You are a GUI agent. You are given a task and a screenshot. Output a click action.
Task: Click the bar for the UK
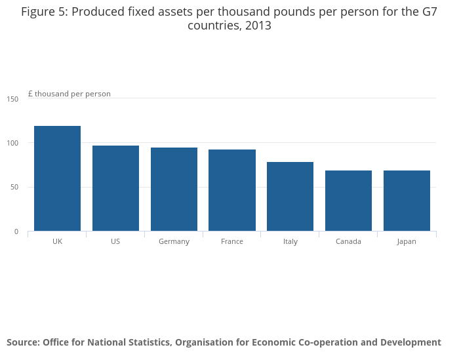point(57,178)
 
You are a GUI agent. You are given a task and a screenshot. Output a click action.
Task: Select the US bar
point(115,188)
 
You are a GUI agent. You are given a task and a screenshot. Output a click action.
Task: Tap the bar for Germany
point(174,189)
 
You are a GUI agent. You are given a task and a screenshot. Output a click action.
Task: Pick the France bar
point(232,190)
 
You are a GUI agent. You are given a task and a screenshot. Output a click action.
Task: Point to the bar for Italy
point(290,196)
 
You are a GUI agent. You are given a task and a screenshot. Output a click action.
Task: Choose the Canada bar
point(348,201)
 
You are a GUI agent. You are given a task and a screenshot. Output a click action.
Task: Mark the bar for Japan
point(407,201)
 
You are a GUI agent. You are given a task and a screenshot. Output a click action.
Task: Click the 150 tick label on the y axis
point(13,99)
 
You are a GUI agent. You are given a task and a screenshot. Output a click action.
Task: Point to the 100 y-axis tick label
point(13,143)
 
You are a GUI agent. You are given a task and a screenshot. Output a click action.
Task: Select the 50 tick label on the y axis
point(14,188)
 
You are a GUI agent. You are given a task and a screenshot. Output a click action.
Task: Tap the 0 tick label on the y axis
point(16,231)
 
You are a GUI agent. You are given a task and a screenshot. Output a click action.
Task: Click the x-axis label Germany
point(174,241)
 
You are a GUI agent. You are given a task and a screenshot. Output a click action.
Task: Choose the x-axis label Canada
point(348,241)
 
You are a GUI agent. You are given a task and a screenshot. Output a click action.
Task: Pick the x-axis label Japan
point(407,241)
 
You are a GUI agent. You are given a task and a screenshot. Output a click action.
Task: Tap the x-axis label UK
point(57,241)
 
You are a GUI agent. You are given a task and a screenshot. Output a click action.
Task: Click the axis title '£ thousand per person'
point(70,94)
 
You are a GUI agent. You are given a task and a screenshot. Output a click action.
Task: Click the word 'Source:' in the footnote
point(23,342)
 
